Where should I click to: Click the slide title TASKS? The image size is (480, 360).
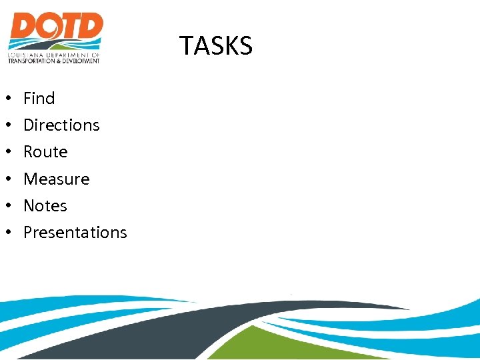pyautogui.click(x=216, y=46)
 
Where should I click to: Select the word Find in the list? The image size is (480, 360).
pyautogui.click(x=39, y=99)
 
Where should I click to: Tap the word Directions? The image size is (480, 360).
pyautogui.click(x=61, y=125)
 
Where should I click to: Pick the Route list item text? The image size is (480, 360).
pyautogui.click(x=45, y=152)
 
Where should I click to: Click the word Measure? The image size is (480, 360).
pyautogui.click(x=56, y=179)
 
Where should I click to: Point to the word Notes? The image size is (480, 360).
pyautogui.click(x=45, y=206)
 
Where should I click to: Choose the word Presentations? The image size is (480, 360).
pyautogui.click(x=75, y=233)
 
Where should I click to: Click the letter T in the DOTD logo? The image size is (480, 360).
pyautogui.click(x=69, y=28)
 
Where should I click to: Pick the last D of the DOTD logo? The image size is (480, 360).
pyautogui.click(x=90, y=28)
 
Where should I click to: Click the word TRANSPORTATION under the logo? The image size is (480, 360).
pyautogui.click(x=31, y=61)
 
